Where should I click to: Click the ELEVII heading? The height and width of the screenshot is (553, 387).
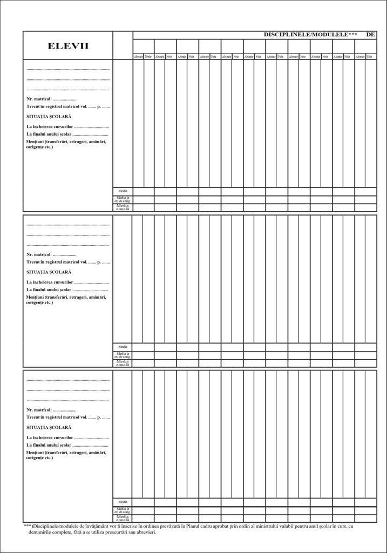[68, 46]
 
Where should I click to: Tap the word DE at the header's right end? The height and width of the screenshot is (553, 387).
[370, 35]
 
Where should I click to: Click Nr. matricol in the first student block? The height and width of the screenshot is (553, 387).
[39, 99]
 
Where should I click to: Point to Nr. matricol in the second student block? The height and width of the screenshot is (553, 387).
[39, 254]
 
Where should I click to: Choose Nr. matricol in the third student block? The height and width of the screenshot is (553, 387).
[39, 410]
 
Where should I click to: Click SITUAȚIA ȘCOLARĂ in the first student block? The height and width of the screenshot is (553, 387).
[49, 117]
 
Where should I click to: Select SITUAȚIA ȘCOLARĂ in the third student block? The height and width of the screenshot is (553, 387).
[49, 427]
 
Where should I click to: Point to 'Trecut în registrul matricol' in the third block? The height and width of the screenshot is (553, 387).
[57, 417]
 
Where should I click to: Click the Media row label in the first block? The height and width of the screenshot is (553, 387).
[123, 191]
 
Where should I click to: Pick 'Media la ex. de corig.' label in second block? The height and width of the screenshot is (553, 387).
[123, 355]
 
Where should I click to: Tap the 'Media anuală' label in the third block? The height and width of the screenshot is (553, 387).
[123, 518]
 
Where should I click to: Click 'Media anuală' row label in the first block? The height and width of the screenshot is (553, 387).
[123, 207]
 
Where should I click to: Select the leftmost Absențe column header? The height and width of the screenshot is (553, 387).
[138, 57]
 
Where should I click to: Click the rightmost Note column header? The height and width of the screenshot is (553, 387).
[371, 57]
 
